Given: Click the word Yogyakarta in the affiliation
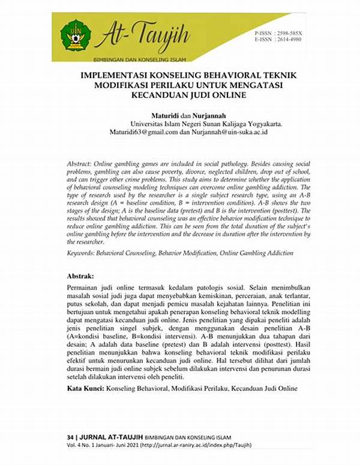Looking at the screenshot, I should [x=262, y=123].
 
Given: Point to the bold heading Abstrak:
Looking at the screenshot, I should [x=80, y=277].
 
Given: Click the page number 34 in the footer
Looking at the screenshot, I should [x=71, y=434].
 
